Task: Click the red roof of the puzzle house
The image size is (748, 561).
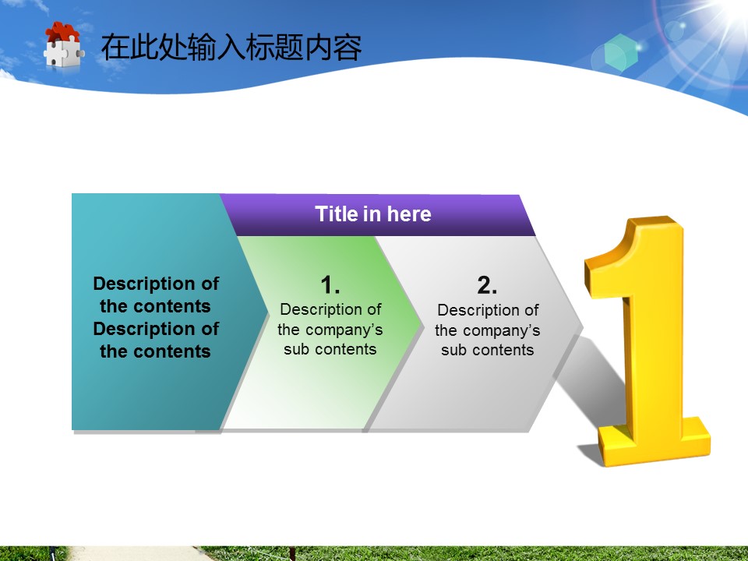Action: coord(62,31)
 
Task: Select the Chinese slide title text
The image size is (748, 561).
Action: coord(231,48)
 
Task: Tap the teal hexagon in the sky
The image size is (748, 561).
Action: coord(621,52)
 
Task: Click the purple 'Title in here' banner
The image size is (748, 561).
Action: coord(378,215)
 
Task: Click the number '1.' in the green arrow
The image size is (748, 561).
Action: coord(330,285)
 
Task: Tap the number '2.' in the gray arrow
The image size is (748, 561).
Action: coord(487,285)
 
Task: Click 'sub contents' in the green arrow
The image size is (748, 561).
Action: coord(330,349)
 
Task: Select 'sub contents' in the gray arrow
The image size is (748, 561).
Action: coord(488,350)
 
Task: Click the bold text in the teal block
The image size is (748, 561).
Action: coord(156,317)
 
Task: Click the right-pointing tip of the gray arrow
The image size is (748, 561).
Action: coord(582,327)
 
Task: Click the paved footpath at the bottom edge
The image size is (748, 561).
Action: coord(139,554)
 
